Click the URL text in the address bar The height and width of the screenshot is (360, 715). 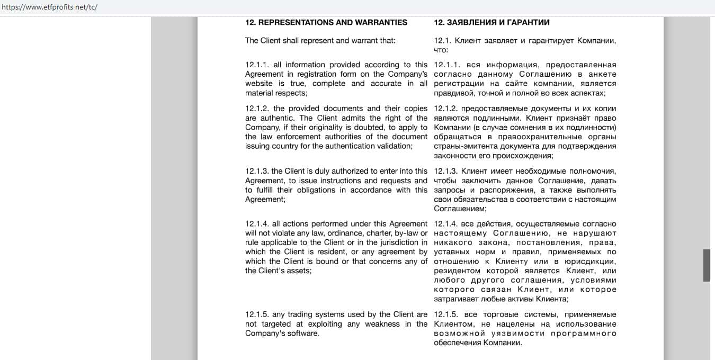(49, 7)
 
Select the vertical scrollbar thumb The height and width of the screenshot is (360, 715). (707, 265)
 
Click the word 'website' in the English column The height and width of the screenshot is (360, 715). (258, 84)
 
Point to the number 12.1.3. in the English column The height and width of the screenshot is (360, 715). (257, 171)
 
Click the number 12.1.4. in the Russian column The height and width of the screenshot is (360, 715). (446, 224)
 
